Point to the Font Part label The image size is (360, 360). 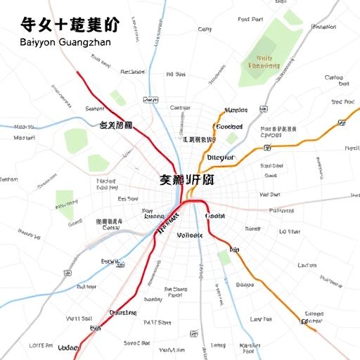point(251,20)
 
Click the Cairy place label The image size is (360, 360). point(205,30)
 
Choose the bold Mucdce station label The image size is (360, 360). point(236,110)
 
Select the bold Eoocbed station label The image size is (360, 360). point(229,127)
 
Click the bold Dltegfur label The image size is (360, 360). point(221,157)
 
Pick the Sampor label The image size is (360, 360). point(94,109)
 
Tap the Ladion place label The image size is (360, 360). point(307,265)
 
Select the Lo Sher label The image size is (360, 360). point(290,231)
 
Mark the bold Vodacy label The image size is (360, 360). point(68,347)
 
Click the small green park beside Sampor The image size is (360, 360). point(118,98)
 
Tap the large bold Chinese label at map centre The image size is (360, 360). point(186,180)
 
